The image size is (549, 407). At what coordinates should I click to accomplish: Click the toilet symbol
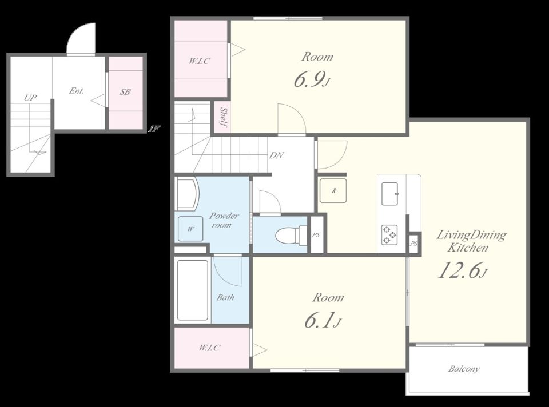[291, 235]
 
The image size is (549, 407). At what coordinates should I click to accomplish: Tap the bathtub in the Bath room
[193, 290]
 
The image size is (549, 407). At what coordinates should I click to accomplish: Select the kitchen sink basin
[389, 194]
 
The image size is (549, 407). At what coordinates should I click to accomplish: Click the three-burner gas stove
[389, 234]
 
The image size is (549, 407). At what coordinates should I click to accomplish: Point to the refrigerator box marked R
[333, 191]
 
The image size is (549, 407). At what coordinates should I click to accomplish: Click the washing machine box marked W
[190, 229]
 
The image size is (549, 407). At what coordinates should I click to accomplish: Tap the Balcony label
[464, 369]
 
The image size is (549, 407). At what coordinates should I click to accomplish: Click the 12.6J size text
[463, 270]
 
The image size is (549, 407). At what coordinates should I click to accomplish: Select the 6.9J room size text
[312, 80]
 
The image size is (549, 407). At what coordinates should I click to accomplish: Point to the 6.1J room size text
[322, 320]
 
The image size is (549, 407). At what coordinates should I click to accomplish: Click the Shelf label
[222, 117]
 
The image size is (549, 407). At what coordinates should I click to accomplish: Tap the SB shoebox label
[125, 91]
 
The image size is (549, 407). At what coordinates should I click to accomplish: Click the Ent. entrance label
[76, 91]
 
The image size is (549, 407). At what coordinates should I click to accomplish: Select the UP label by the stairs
[30, 98]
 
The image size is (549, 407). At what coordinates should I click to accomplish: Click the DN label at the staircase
[276, 155]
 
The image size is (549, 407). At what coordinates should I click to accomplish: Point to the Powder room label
[224, 220]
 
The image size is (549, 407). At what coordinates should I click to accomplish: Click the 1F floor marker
[154, 129]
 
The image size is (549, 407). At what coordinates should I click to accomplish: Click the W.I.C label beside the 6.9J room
[200, 61]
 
